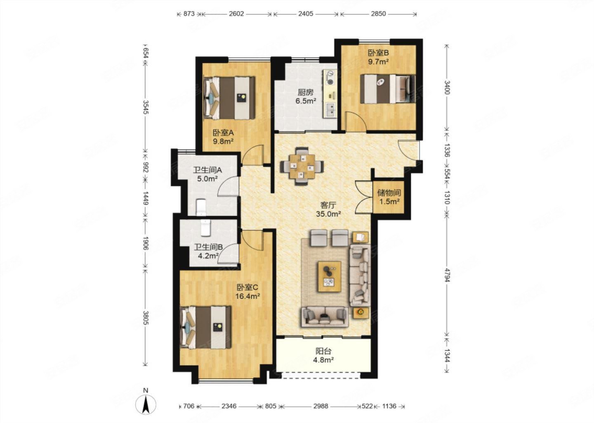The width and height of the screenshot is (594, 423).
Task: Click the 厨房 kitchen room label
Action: [306, 93]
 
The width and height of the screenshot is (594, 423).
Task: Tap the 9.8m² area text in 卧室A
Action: [223, 141]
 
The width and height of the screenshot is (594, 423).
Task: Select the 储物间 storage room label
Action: [389, 192]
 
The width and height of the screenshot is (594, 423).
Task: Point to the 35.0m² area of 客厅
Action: [328, 214]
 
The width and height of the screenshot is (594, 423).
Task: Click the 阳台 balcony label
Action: [323, 351]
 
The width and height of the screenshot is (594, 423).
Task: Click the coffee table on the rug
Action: [330, 277]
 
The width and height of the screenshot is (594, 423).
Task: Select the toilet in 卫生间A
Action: [201, 207]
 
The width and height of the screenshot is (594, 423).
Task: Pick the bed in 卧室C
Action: [205, 327]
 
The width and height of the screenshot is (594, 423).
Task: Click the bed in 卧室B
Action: [388, 89]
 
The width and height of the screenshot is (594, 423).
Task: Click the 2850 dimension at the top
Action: [378, 14]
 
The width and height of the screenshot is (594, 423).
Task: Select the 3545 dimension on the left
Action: [145, 107]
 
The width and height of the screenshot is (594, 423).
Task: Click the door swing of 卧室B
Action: [355, 121]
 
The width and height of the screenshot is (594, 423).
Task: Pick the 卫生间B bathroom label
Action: [208, 247]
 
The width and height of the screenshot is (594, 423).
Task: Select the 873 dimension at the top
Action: [189, 14]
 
